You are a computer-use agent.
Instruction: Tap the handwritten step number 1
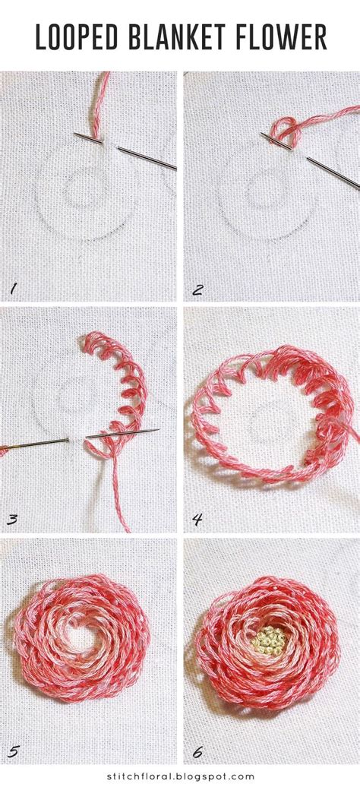(x=11, y=288)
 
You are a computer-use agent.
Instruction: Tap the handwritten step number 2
(x=197, y=288)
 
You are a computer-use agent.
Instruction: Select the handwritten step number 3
(x=12, y=520)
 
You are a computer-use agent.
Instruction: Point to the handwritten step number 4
(x=197, y=520)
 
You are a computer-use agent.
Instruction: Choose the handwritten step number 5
(x=11, y=752)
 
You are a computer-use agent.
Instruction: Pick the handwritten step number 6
(x=197, y=752)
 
